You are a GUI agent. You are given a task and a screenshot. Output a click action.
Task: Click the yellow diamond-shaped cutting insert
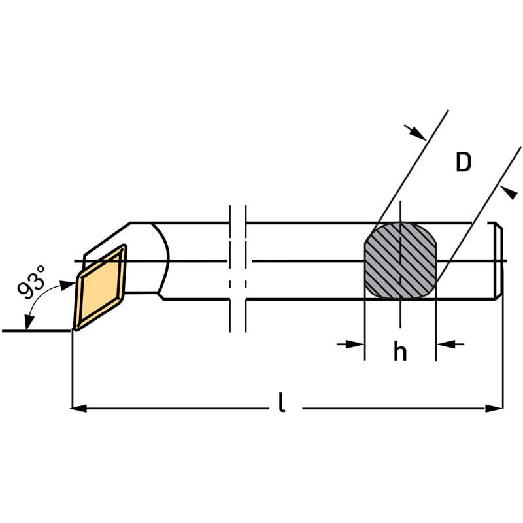(x=101, y=288)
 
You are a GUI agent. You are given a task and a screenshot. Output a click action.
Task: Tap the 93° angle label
(x=32, y=282)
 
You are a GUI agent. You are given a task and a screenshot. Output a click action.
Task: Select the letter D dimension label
(x=463, y=162)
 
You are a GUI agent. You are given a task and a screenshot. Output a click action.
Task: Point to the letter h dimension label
(x=399, y=352)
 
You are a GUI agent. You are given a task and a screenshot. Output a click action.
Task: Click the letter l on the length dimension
(x=282, y=402)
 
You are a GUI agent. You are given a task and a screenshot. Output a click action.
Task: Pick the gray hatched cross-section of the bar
(x=399, y=261)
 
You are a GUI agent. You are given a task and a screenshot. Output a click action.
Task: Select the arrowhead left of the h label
(x=356, y=343)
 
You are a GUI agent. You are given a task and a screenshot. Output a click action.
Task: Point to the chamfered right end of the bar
(x=499, y=261)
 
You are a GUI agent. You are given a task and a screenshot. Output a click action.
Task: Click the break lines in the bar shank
(x=238, y=268)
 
